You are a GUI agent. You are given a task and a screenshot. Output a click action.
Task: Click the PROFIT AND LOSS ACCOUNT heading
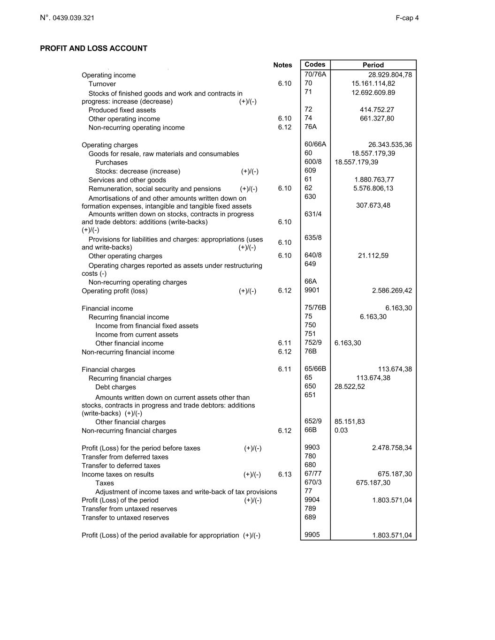point(93,48)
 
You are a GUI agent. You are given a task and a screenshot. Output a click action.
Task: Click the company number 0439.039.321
point(73,18)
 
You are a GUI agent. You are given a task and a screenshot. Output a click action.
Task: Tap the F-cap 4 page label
point(407,18)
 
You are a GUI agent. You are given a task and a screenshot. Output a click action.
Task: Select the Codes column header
point(315,64)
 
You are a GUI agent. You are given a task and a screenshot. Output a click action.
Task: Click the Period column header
point(373,65)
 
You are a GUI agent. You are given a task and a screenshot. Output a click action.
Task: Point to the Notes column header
point(282,65)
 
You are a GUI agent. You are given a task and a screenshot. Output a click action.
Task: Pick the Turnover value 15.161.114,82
point(373,83)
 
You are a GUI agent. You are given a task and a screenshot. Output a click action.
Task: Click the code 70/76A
point(315,74)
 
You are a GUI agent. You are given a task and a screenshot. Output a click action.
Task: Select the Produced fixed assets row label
point(122,110)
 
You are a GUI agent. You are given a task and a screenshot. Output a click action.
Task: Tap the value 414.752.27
point(377,110)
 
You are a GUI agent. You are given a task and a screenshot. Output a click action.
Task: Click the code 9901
point(312,290)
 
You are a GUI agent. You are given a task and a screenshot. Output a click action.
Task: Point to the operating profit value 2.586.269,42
point(392,291)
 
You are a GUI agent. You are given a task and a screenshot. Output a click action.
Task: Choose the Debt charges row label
point(115,387)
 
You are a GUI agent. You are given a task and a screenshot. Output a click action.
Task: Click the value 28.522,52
point(350,387)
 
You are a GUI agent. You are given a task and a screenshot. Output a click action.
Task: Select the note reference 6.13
point(284,474)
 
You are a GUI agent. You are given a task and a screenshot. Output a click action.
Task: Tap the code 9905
point(312,535)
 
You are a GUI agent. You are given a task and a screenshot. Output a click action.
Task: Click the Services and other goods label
point(127,180)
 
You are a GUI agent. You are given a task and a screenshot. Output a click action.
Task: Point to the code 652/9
point(313,421)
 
